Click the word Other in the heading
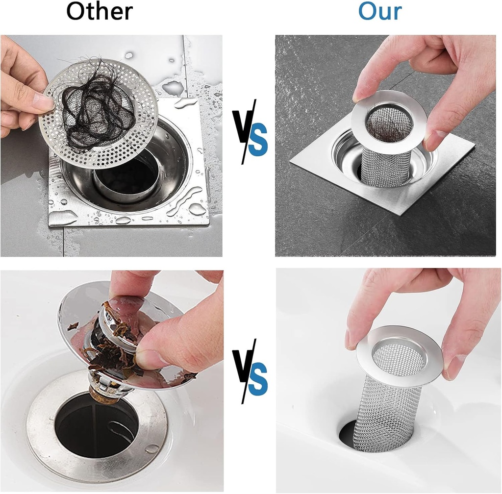coord(100,12)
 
